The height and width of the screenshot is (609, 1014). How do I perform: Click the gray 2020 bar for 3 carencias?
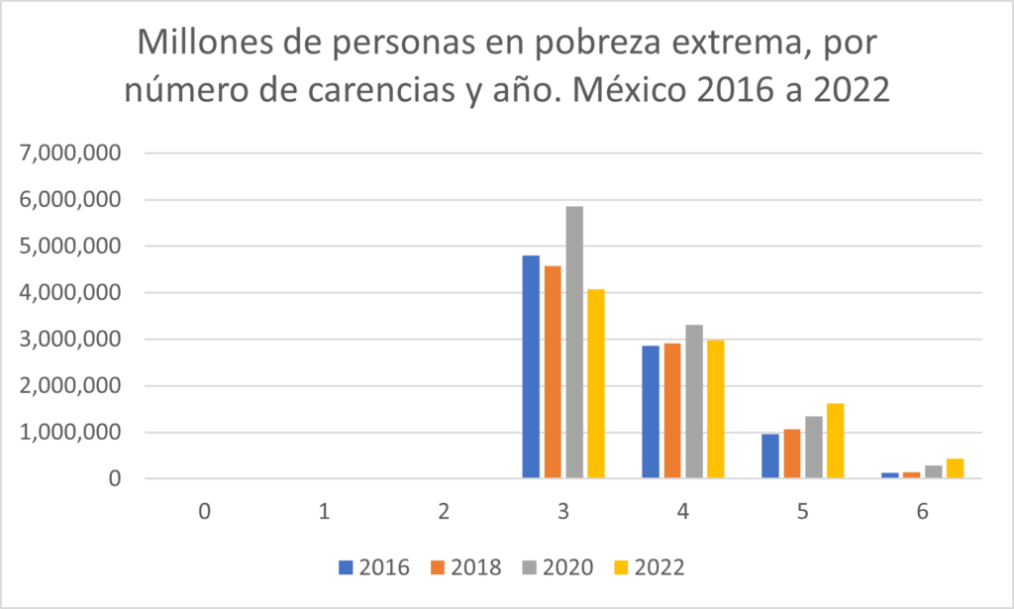coord(574,343)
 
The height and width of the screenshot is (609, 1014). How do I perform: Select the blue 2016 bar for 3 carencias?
coord(531,367)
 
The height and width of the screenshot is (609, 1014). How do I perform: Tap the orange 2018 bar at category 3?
coord(553,372)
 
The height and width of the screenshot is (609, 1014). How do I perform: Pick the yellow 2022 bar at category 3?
coord(595,384)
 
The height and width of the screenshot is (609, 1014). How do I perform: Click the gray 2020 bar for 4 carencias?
coord(693,402)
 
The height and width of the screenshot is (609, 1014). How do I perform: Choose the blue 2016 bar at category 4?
coord(650,412)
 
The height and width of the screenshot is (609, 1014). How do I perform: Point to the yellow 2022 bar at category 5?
coord(835,442)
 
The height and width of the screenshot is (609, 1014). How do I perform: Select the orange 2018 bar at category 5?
coord(791,455)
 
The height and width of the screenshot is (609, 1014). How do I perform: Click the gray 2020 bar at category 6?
coord(933,472)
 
